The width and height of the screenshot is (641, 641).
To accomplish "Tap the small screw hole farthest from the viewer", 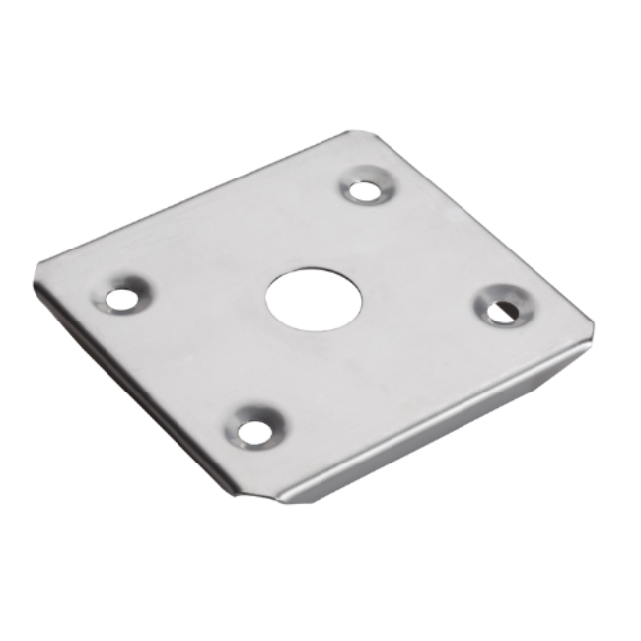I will [x=366, y=190].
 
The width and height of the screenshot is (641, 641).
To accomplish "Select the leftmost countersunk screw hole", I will [x=122, y=296].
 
